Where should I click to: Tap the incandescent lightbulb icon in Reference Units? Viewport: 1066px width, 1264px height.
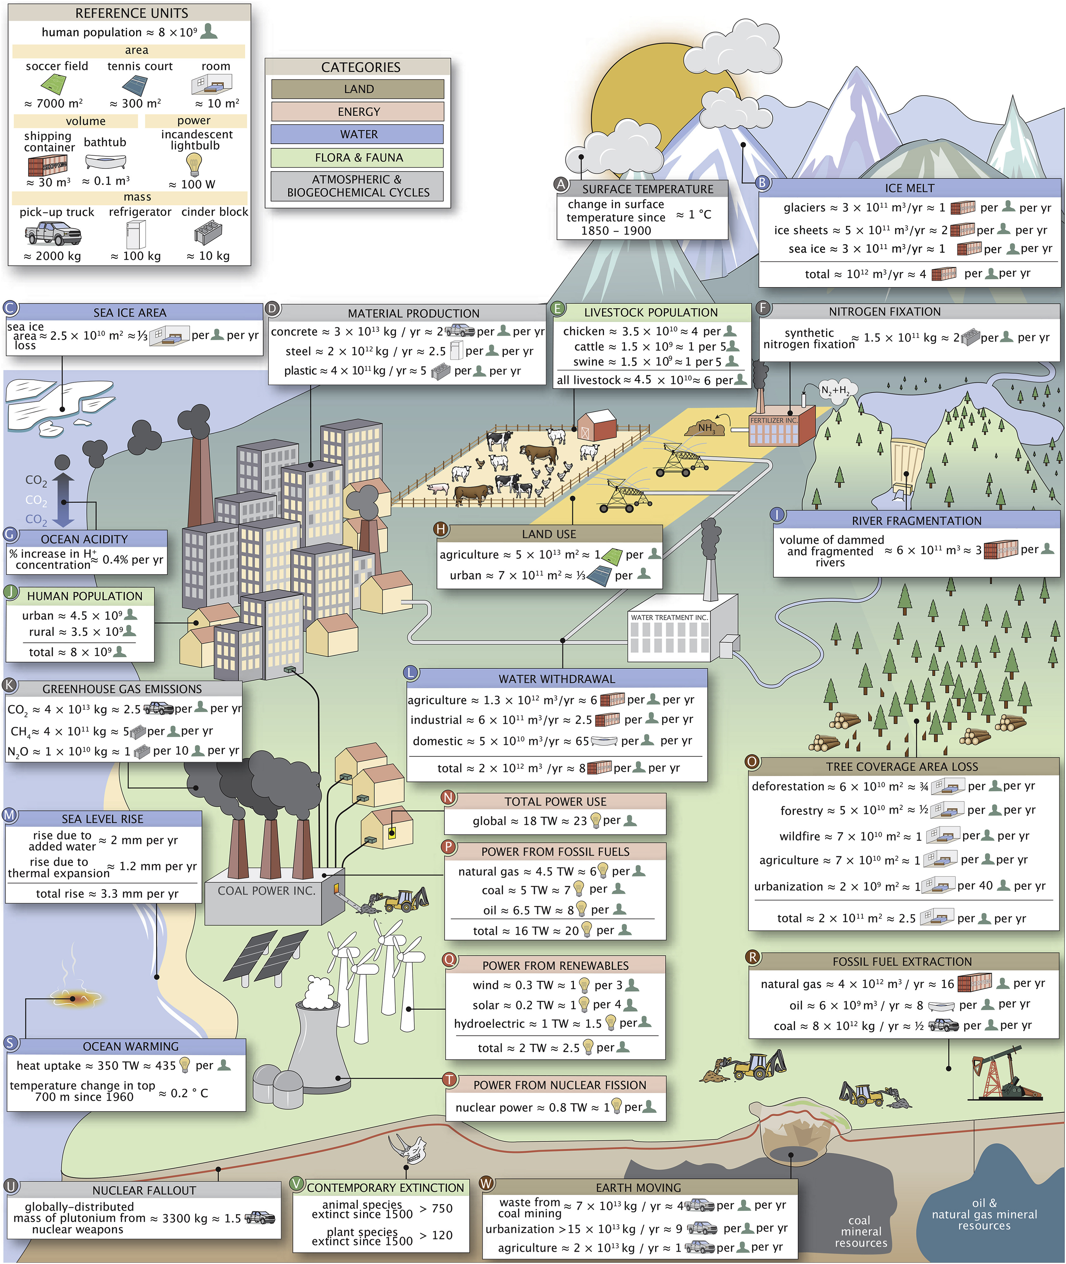coord(194,164)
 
